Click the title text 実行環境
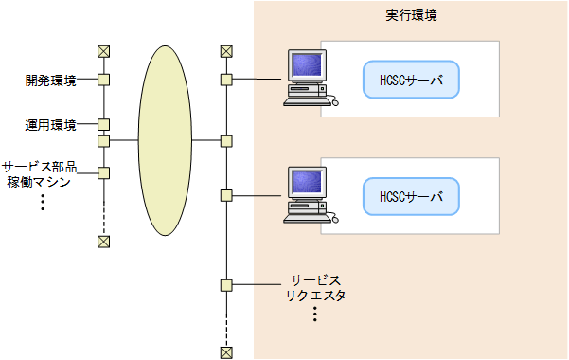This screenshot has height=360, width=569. coord(411,16)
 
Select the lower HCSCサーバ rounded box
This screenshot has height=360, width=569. coord(411,196)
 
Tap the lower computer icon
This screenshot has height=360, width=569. coord(309,194)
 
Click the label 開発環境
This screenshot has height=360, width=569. coord(50,81)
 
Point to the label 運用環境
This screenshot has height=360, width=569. coord(50,124)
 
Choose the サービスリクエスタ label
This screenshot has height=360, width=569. coord(315,288)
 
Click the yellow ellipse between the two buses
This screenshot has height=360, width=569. coord(166,141)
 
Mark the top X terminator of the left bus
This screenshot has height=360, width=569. coord(104,51)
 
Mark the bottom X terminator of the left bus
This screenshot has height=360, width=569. coord(104,241)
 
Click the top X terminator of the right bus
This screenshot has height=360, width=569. coord(225,51)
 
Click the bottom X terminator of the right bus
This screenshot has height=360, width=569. coord(225,352)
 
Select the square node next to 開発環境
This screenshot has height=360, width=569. coord(104,81)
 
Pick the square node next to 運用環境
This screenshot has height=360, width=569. coord(104,124)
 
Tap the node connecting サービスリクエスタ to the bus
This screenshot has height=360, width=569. coord(225,284)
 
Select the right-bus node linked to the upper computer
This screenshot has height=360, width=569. coord(225,81)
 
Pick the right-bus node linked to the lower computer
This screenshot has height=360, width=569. coord(225,196)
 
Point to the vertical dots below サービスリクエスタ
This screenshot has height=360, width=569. coord(314,315)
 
